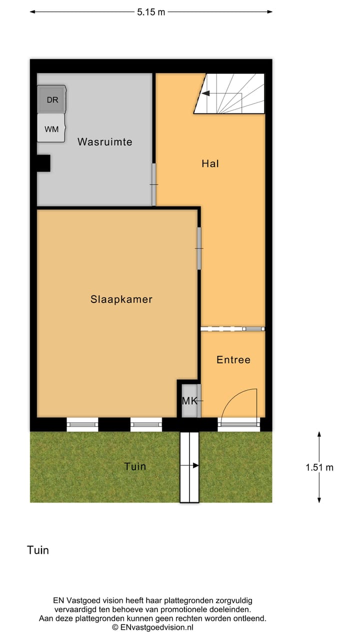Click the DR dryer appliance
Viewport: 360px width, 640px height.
[x=52, y=99]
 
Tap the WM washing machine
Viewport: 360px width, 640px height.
[x=51, y=128]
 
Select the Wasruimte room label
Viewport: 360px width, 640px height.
[x=104, y=142]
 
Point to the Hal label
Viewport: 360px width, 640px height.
[x=210, y=163]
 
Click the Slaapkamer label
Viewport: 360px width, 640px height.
[x=121, y=299]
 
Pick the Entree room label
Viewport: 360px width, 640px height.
[x=233, y=359]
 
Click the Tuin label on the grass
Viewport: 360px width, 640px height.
[x=135, y=466]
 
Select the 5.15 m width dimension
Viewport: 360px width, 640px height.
[x=151, y=12]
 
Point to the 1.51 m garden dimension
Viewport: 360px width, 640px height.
[x=319, y=467]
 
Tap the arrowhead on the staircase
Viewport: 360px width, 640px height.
[x=205, y=93]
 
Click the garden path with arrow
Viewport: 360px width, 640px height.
[x=189, y=466]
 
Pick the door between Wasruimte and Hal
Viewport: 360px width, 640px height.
[x=153, y=184]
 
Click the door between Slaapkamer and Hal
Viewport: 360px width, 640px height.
[x=199, y=248]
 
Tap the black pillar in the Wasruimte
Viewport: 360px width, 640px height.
[x=43, y=163]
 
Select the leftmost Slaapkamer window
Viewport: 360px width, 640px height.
[x=82, y=424]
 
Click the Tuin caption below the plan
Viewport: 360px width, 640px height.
[x=38, y=550]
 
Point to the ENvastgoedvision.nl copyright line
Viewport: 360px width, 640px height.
[x=152, y=627]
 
